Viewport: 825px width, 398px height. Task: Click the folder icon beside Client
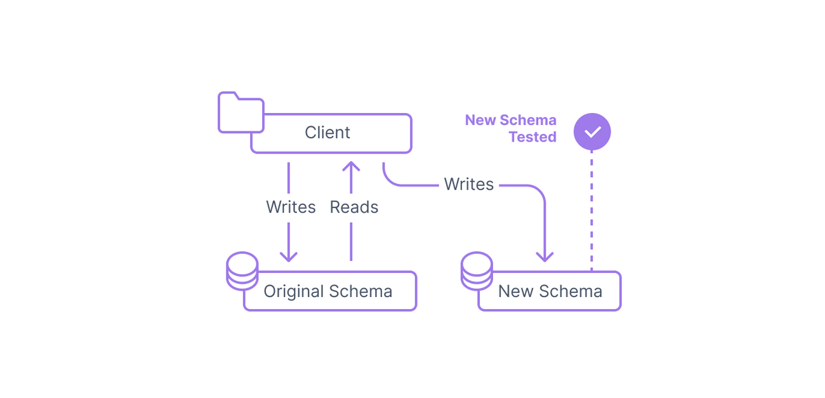241,113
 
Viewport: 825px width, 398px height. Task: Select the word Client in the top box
327,133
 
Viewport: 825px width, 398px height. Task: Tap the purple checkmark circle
591,132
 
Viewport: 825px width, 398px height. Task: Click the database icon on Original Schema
242,271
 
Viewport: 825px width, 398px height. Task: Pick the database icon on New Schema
476,271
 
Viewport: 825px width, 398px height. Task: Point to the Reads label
354,208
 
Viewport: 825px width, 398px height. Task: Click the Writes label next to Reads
291,208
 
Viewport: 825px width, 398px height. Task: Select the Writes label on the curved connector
469,185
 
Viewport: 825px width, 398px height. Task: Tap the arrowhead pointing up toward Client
351,167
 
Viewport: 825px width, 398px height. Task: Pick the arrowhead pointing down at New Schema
544,256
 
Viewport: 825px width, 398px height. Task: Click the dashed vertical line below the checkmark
591,209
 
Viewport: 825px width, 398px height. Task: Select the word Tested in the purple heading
532,137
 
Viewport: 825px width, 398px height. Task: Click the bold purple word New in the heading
480,121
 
